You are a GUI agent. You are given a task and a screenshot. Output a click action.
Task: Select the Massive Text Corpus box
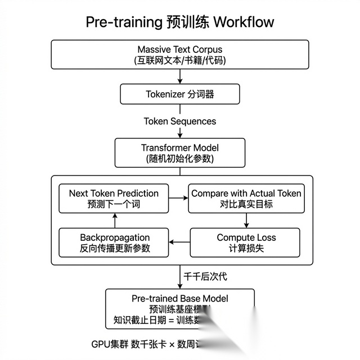pyautogui.click(x=179, y=55)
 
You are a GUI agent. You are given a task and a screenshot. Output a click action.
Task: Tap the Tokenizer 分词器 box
pyautogui.click(x=179, y=94)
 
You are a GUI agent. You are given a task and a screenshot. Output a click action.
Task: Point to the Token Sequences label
pyautogui.click(x=179, y=121)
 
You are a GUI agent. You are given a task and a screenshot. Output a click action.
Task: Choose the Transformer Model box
pyautogui.click(x=179, y=152)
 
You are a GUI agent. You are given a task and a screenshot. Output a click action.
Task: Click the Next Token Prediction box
pyautogui.click(x=114, y=198)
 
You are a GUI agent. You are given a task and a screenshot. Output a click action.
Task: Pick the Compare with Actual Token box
pyautogui.click(x=246, y=198)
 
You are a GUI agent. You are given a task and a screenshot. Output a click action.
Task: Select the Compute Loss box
pyautogui.click(x=246, y=242)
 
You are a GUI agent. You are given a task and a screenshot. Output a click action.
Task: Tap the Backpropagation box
pyautogui.click(x=115, y=242)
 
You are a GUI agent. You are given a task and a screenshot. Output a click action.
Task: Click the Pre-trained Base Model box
pyautogui.click(x=179, y=309)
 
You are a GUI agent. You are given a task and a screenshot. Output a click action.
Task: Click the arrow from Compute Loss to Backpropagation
pyautogui.click(x=180, y=242)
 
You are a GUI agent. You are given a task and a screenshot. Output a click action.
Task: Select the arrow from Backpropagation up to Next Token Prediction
pyautogui.click(x=114, y=220)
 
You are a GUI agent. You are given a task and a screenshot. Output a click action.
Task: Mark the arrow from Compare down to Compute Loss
pyautogui.click(x=246, y=220)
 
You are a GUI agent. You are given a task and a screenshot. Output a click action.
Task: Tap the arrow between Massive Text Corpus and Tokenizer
pyautogui.click(x=180, y=76)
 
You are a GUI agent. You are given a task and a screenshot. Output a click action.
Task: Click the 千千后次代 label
pyautogui.click(x=206, y=276)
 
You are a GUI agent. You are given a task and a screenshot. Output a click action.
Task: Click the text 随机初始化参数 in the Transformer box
pyautogui.click(x=179, y=159)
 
